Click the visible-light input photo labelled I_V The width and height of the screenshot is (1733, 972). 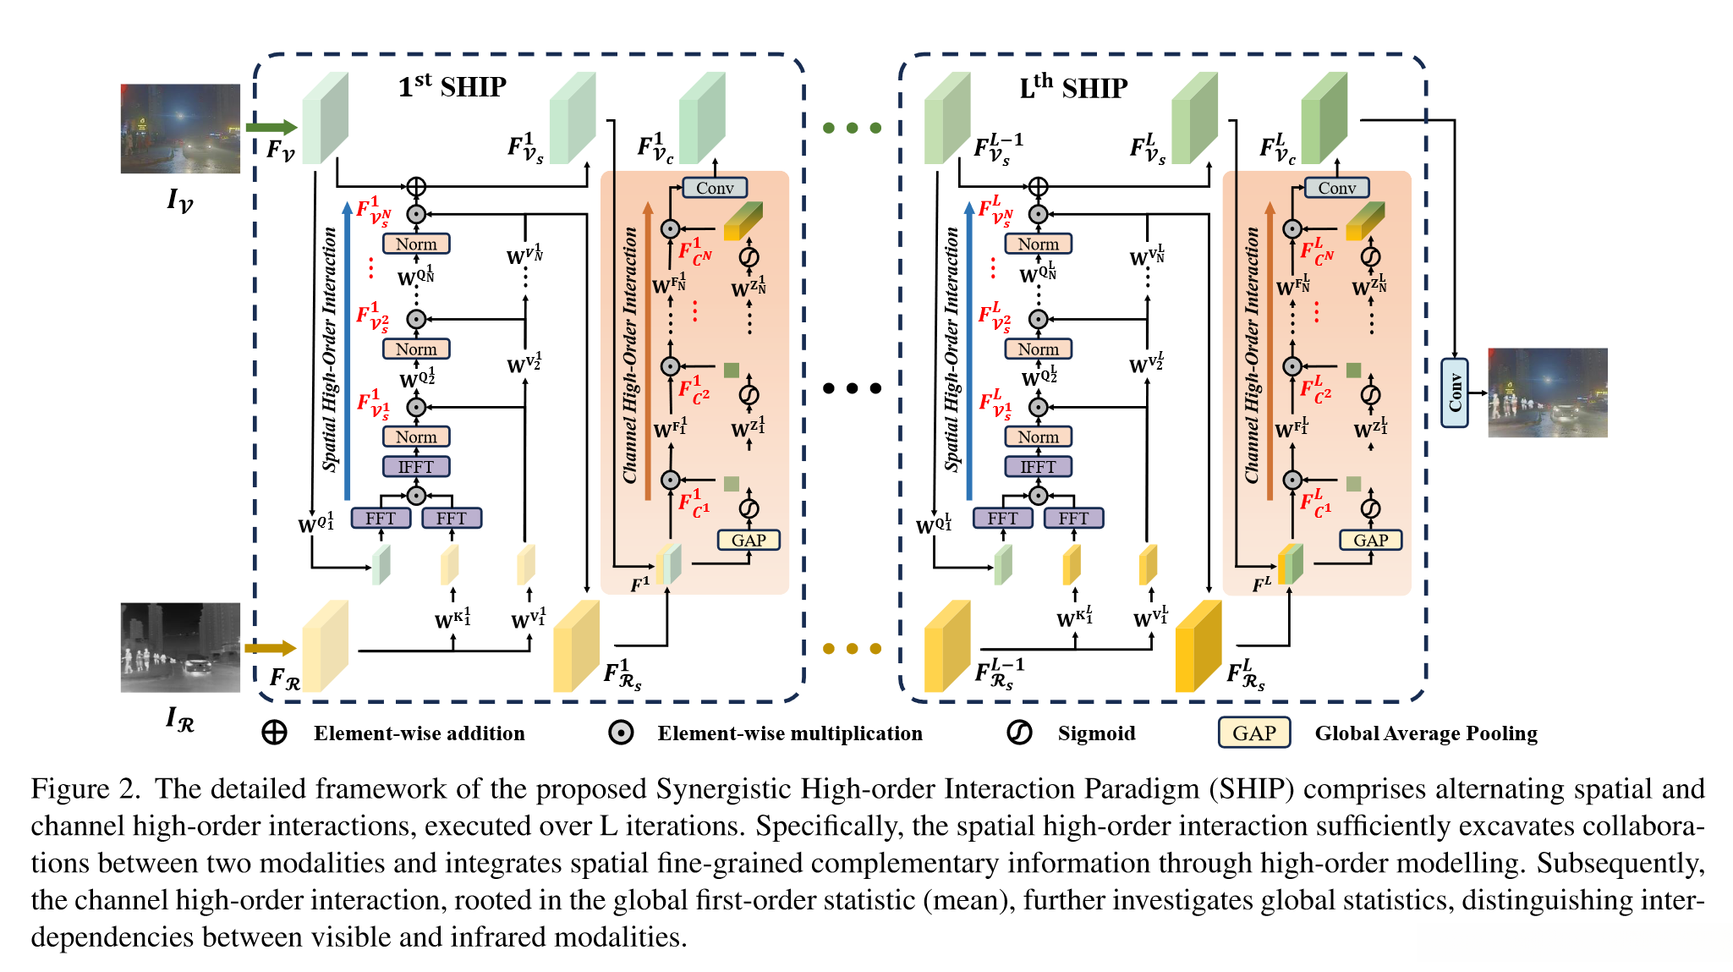[x=179, y=129]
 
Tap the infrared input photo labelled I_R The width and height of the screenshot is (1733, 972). [x=179, y=647]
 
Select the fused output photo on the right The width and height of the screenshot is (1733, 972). [x=1547, y=393]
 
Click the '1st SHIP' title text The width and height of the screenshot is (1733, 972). [x=452, y=86]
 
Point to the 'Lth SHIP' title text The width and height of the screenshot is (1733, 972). [x=1073, y=87]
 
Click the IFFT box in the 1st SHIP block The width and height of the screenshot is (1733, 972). [x=416, y=467]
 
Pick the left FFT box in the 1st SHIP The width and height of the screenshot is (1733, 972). [x=381, y=518]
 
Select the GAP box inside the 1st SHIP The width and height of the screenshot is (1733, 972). [x=749, y=540]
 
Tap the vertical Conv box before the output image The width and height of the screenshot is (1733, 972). [x=1454, y=393]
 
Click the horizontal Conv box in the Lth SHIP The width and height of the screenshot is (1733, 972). [x=1336, y=188]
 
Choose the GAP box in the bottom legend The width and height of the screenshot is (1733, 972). [x=1253, y=733]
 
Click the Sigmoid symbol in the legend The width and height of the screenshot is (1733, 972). [x=1019, y=733]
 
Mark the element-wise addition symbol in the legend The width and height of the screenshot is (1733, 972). [x=274, y=733]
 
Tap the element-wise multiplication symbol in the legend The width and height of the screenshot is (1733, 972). [x=621, y=733]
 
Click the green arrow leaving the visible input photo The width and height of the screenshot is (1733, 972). [x=271, y=128]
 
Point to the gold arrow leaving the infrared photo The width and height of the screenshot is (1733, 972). [x=270, y=648]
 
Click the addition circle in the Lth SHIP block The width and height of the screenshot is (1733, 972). [x=1038, y=187]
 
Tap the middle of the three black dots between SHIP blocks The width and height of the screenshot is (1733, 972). [x=852, y=388]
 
